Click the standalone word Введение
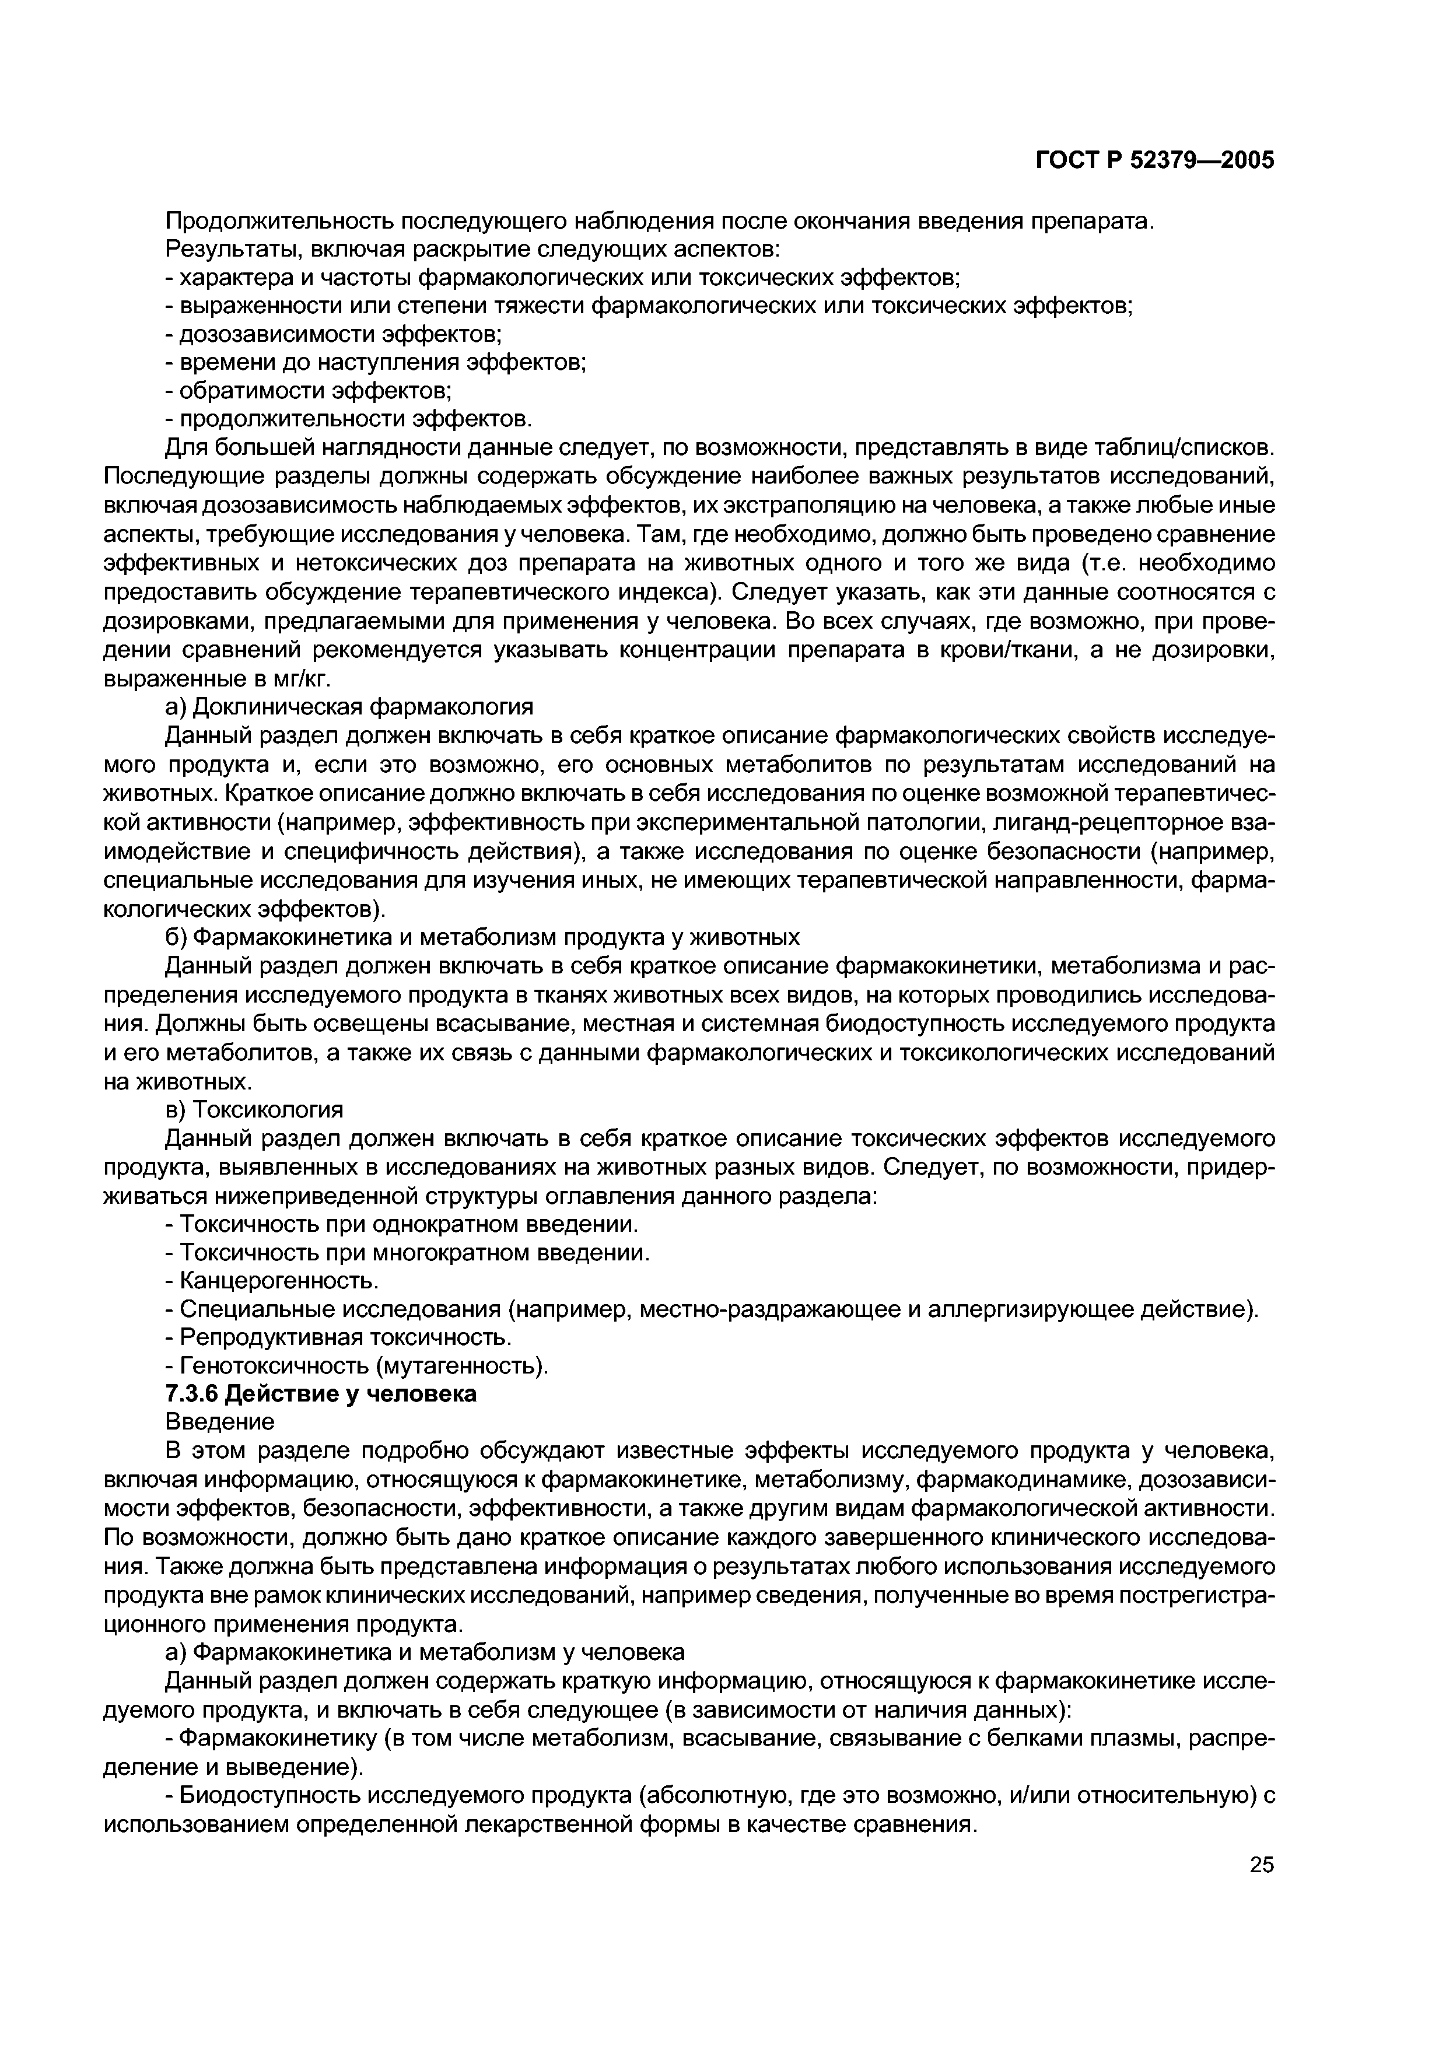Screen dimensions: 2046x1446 pyautogui.click(x=220, y=1421)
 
